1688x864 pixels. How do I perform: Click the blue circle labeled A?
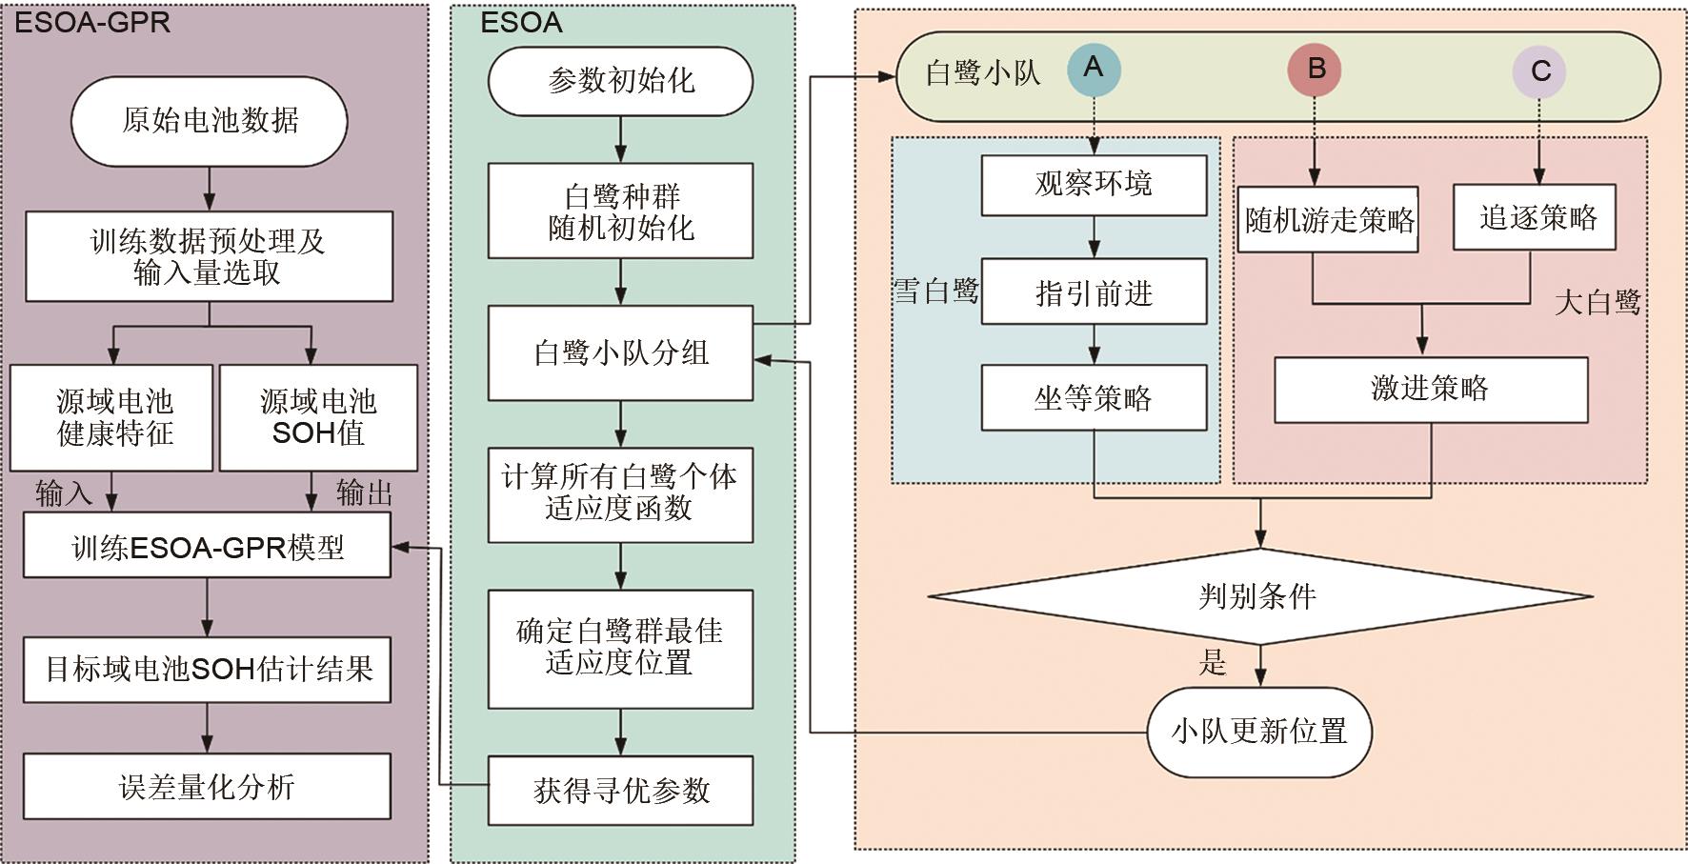[1093, 69]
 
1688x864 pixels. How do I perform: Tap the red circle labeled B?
[1315, 69]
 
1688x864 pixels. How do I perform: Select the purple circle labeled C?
[1539, 71]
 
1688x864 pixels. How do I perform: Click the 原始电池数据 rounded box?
[210, 120]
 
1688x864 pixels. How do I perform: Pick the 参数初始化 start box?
[620, 81]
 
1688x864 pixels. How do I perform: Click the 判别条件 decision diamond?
[1259, 597]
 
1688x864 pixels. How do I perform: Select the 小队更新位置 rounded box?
[1259, 732]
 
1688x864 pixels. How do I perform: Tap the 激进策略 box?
[1431, 389]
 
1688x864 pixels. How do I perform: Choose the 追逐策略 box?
[1535, 218]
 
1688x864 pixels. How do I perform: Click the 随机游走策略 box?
[1329, 220]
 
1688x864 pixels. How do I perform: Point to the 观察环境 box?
[1094, 183]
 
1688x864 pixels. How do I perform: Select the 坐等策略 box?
[1094, 397]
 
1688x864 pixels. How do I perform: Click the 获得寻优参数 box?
[620, 790]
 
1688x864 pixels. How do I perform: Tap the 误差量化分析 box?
[207, 787]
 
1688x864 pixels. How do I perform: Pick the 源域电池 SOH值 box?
[318, 417]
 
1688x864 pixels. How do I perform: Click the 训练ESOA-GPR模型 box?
[207, 547]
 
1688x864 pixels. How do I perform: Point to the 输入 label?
[63, 492]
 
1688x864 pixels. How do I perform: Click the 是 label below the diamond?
[1213, 662]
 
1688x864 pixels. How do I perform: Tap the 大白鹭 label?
[1598, 303]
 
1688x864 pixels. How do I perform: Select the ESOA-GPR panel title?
[92, 22]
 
